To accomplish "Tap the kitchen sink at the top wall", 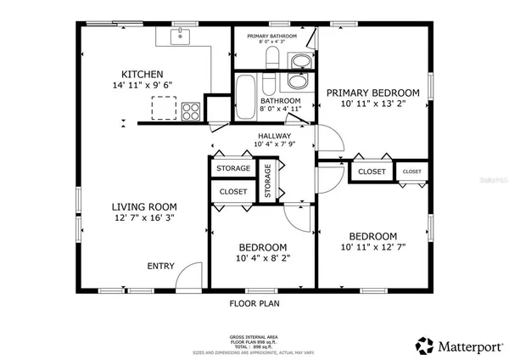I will (x=181, y=37).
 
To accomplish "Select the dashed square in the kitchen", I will (x=162, y=109).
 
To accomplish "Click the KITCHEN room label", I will (x=142, y=74).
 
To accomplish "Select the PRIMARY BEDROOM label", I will (x=373, y=93).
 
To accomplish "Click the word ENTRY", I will (x=161, y=266).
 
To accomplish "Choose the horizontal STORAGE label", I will (x=232, y=168).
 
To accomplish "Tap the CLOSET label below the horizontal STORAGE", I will (x=232, y=192).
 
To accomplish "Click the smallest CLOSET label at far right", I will (x=412, y=172).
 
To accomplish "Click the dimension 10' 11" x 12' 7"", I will (x=373, y=249).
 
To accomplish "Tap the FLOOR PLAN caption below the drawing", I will (x=255, y=303).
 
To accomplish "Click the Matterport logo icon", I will (x=423, y=346).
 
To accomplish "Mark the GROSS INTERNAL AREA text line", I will (x=255, y=336).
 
